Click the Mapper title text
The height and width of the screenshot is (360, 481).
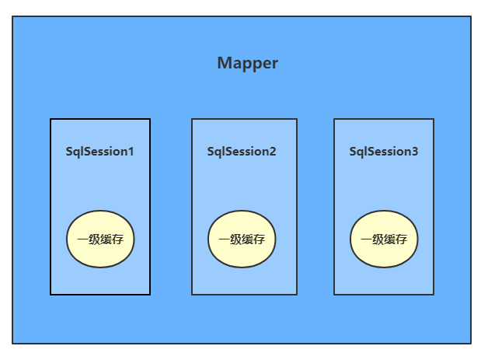tap(247, 64)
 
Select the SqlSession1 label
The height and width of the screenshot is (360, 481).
tap(99, 152)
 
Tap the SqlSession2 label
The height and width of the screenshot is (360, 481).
tap(242, 152)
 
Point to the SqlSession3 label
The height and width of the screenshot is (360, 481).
tap(384, 152)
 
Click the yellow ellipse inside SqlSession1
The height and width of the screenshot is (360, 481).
tap(100, 239)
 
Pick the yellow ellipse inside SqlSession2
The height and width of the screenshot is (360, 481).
tap(242, 239)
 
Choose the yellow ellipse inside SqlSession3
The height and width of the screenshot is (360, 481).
tap(384, 239)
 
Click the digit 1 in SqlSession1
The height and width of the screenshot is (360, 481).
tap(131, 152)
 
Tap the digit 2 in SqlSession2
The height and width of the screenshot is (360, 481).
tap(272, 152)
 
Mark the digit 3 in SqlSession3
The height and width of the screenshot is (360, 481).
tap(414, 152)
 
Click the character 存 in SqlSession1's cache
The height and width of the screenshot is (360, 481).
tap(117, 239)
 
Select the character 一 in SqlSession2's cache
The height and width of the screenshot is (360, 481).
tap(225, 239)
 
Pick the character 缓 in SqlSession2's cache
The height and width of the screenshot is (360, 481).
tap(247, 239)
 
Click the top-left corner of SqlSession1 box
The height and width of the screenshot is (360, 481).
tap(51, 119)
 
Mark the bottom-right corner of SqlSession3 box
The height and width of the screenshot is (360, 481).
tap(434, 295)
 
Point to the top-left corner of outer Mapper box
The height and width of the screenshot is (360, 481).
tap(12, 16)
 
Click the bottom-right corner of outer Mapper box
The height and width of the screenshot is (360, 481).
tap(471, 343)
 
